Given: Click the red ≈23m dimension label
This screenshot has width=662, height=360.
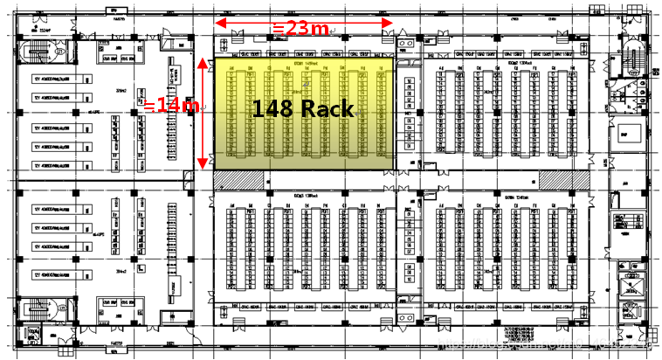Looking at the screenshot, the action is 301,29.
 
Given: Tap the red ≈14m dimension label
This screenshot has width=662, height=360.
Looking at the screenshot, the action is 173,106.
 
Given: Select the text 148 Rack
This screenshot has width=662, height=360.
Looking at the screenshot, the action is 303,109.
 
